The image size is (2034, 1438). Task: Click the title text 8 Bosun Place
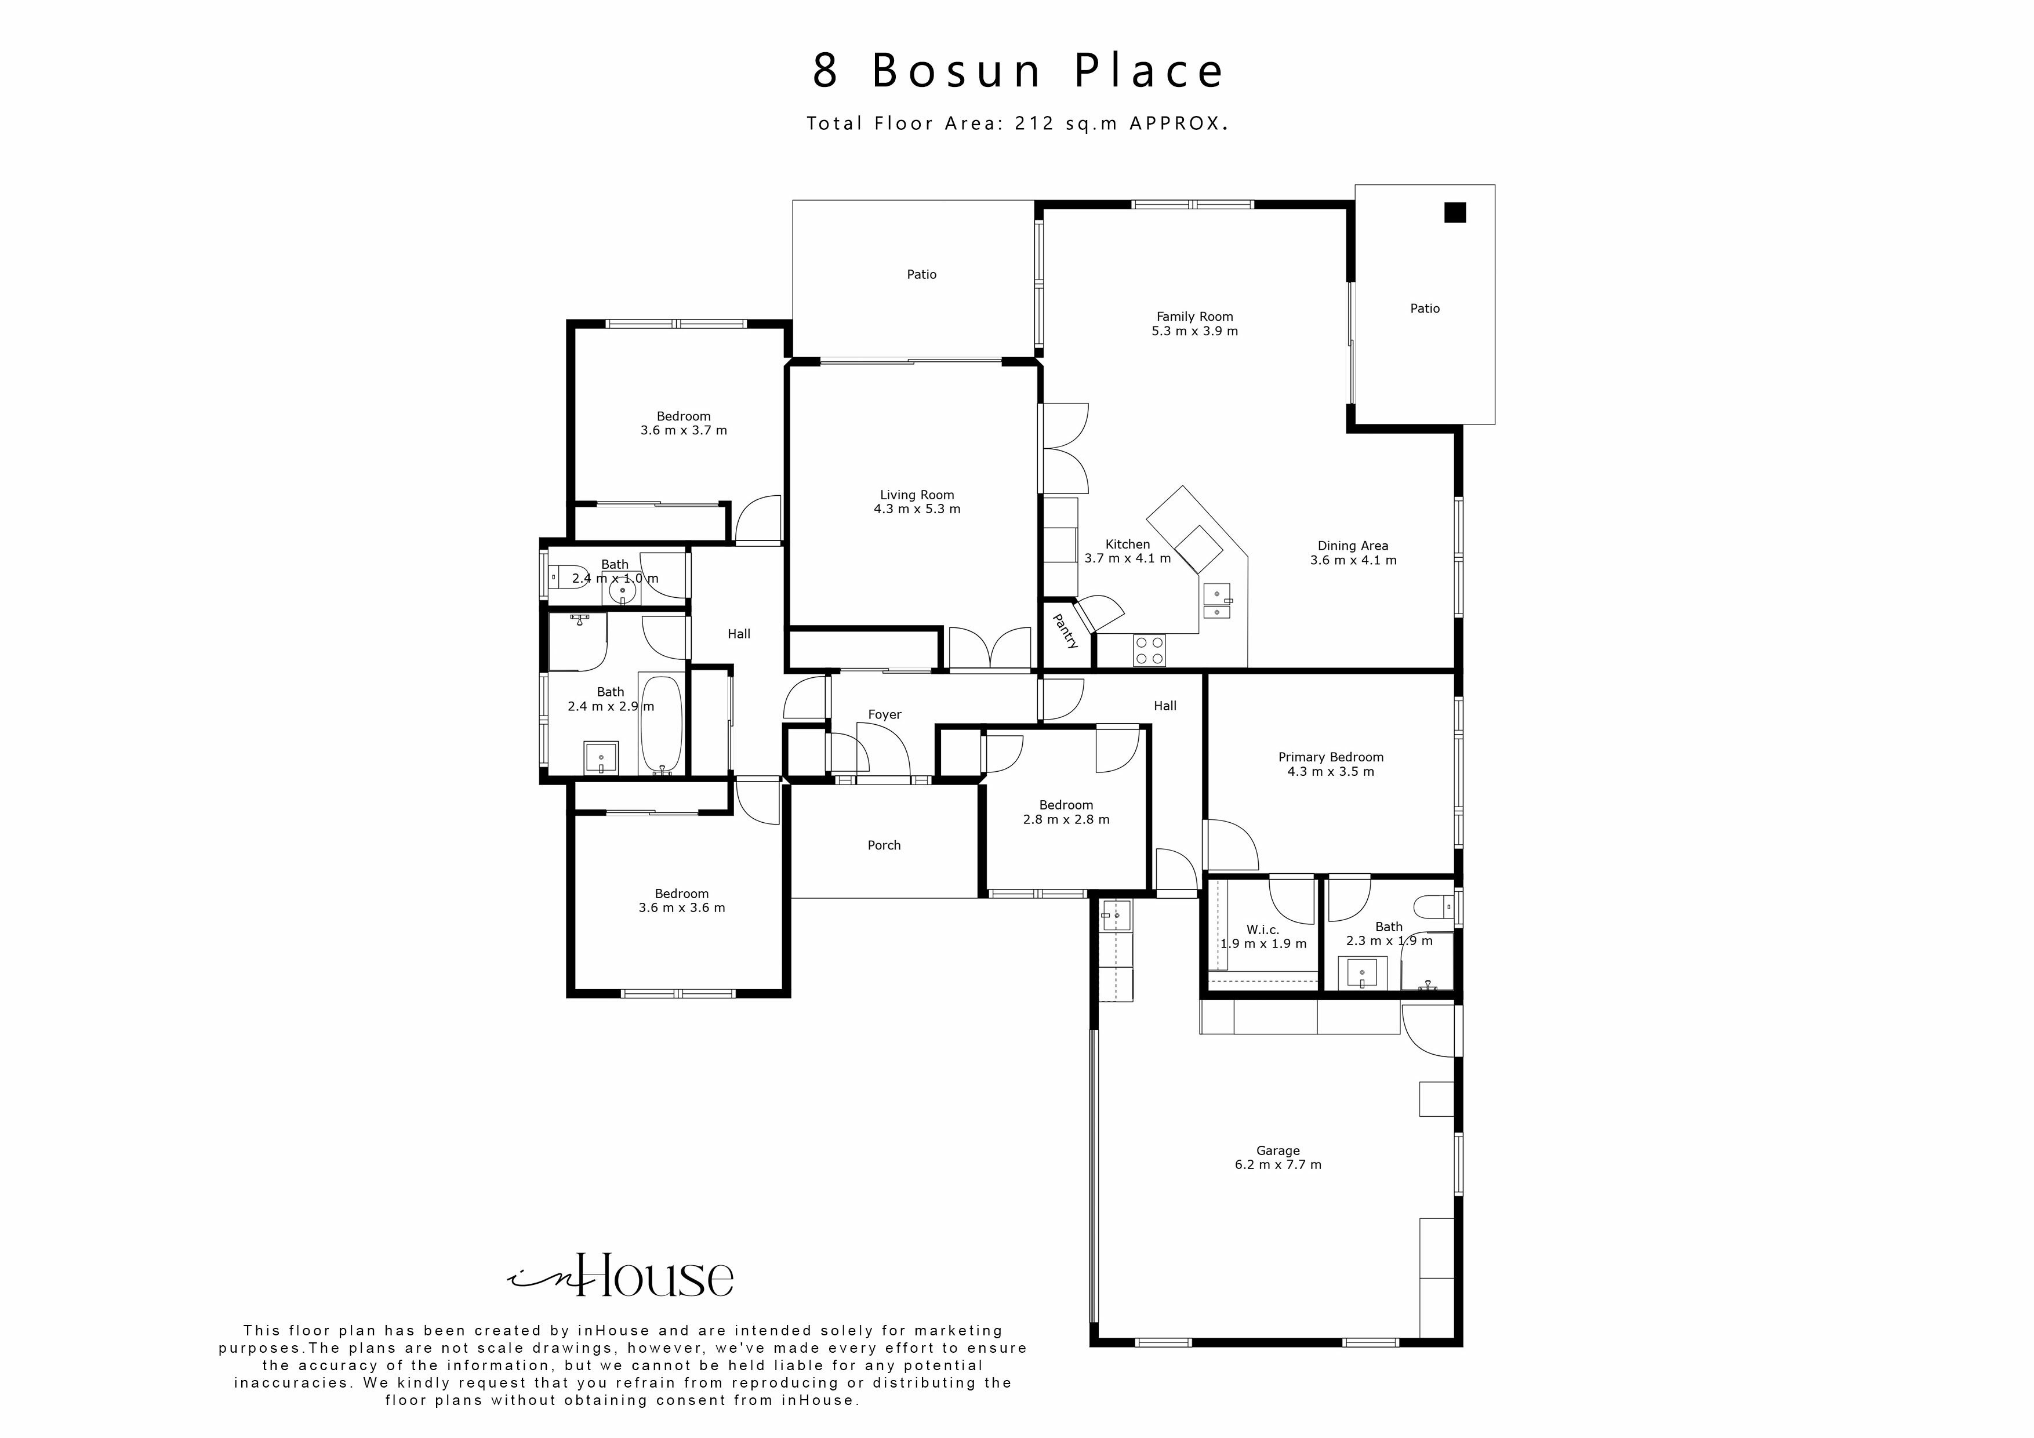[x=1017, y=71]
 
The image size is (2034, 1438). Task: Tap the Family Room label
[x=1194, y=317]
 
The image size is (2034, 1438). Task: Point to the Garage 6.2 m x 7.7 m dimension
[x=1277, y=1165]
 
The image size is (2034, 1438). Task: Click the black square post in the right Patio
[x=1455, y=213]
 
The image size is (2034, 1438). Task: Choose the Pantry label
[x=1066, y=631]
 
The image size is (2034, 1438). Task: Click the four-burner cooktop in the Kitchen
[x=1150, y=651]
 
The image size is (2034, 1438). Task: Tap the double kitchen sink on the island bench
[x=1216, y=602]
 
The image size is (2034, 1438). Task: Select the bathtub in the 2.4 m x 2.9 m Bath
[x=661, y=724]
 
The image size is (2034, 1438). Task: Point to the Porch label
[x=883, y=845]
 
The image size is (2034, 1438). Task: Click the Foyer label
[x=884, y=714]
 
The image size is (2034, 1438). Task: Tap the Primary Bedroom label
[x=1331, y=757]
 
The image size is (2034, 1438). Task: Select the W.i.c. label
[x=1262, y=929]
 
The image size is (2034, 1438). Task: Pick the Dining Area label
[x=1353, y=546]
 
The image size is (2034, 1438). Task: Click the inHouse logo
[x=620, y=1277]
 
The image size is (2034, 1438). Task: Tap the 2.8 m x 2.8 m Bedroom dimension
[x=1066, y=819]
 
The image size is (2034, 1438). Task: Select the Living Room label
[x=917, y=495]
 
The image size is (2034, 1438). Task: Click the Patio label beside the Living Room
[x=921, y=275]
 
